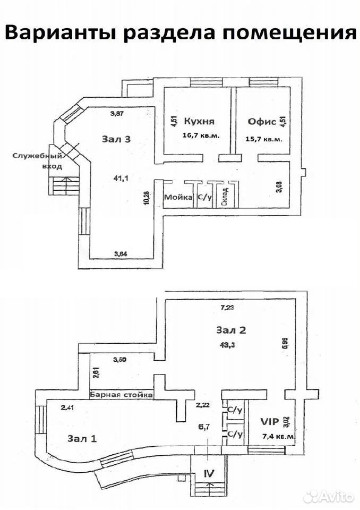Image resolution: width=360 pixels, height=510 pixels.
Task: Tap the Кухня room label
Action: (x=199, y=122)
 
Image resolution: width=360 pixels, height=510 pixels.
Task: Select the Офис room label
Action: (x=262, y=122)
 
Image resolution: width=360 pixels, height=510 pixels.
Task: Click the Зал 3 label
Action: (x=116, y=139)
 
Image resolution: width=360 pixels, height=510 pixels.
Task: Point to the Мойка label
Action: (x=178, y=197)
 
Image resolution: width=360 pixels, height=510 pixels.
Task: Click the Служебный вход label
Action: (x=37, y=161)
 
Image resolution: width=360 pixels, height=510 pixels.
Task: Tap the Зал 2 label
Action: (x=231, y=330)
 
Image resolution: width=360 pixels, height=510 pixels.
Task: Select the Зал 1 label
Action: (x=82, y=439)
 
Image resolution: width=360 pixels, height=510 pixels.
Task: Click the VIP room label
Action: (x=270, y=421)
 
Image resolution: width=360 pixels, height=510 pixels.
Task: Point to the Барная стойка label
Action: (x=121, y=395)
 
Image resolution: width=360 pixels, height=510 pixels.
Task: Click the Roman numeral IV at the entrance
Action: (x=209, y=473)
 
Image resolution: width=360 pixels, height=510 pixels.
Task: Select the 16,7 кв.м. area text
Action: (x=201, y=135)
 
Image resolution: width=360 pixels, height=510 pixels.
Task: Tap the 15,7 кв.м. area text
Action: (x=264, y=139)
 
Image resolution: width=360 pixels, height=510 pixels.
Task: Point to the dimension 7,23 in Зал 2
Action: (x=228, y=308)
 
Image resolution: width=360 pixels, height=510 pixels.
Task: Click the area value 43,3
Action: (x=228, y=345)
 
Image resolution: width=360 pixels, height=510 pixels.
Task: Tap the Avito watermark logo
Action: (x=329, y=497)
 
